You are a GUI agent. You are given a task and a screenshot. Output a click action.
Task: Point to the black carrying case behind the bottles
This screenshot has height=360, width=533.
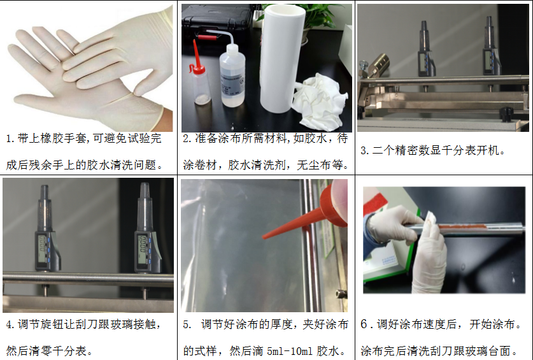coord(218,20)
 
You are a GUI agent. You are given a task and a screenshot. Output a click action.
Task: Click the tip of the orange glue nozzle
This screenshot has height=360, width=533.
coord(264,237)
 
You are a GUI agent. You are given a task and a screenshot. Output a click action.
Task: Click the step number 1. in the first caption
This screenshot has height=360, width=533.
coord(10,138)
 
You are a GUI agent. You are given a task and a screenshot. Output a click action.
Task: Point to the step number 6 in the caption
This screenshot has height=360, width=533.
coord(364,324)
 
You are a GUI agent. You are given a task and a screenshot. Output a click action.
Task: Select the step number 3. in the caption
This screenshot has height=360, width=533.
coord(365,150)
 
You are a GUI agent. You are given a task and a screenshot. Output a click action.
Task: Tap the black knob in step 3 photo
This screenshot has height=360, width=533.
coord(506,114)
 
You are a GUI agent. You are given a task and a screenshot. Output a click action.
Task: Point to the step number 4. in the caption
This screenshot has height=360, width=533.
coord(10,324)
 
